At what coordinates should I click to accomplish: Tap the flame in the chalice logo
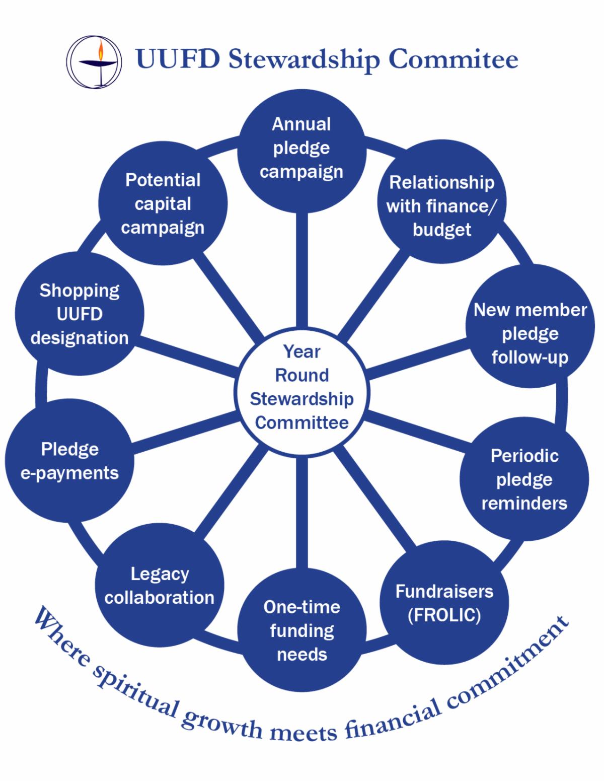pyautogui.click(x=101, y=50)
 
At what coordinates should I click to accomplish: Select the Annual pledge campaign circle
pyautogui.click(x=301, y=148)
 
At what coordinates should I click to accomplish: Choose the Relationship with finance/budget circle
pyautogui.click(x=441, y=206)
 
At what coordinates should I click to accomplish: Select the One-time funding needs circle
pyautogui.click(x=302, y=630)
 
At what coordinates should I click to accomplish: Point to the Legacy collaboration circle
pyautogui.click(x=160, y=586)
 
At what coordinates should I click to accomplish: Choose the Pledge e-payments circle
pyautogui.click(x=69, y=461)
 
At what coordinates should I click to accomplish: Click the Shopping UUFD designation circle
pyautogui.click(x=80, y=314)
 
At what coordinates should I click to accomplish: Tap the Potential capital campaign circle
pyautogui.click(x=163, y=203)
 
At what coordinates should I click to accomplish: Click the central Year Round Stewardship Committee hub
pyautogui.click(x=302, y=387)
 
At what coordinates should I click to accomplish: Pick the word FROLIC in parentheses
pyautogui.click(x=444, y=615)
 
